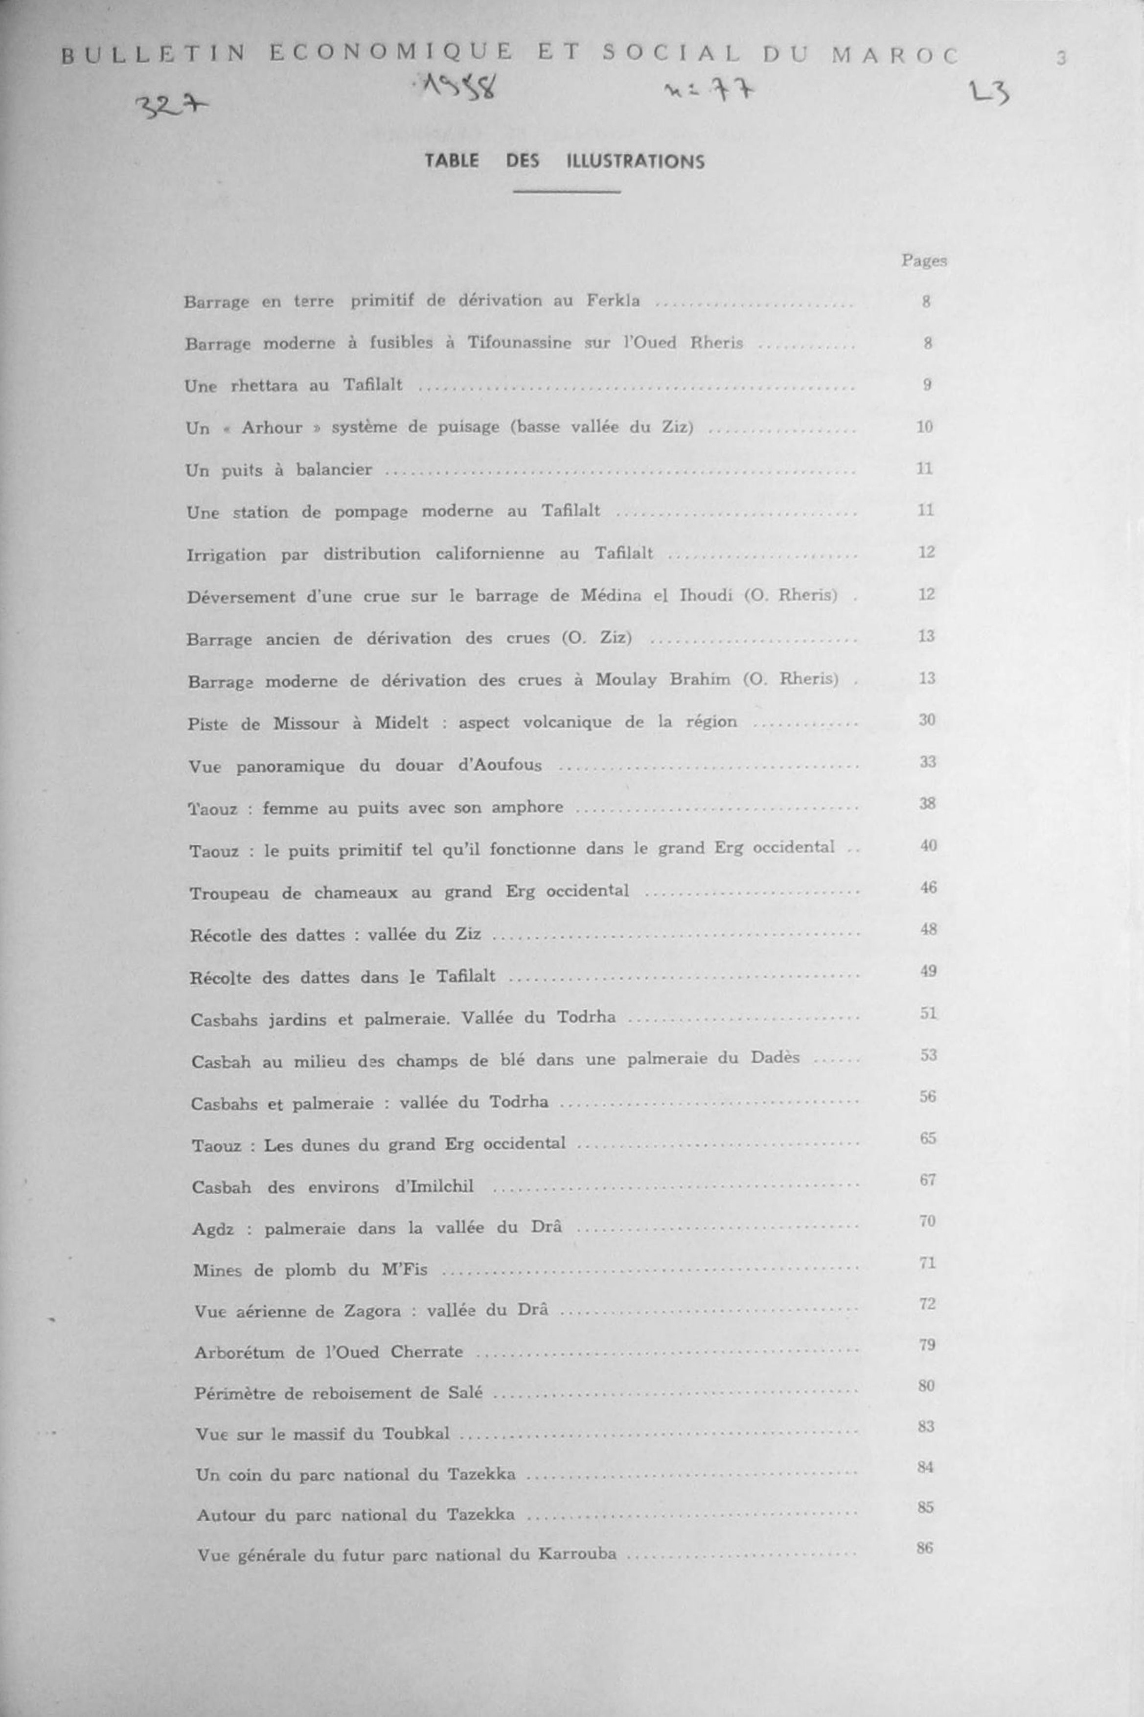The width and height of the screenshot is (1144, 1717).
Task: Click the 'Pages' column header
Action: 924,260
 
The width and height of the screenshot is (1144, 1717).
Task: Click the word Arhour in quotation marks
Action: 272,428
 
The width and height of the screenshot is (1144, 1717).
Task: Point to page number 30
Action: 927,720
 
